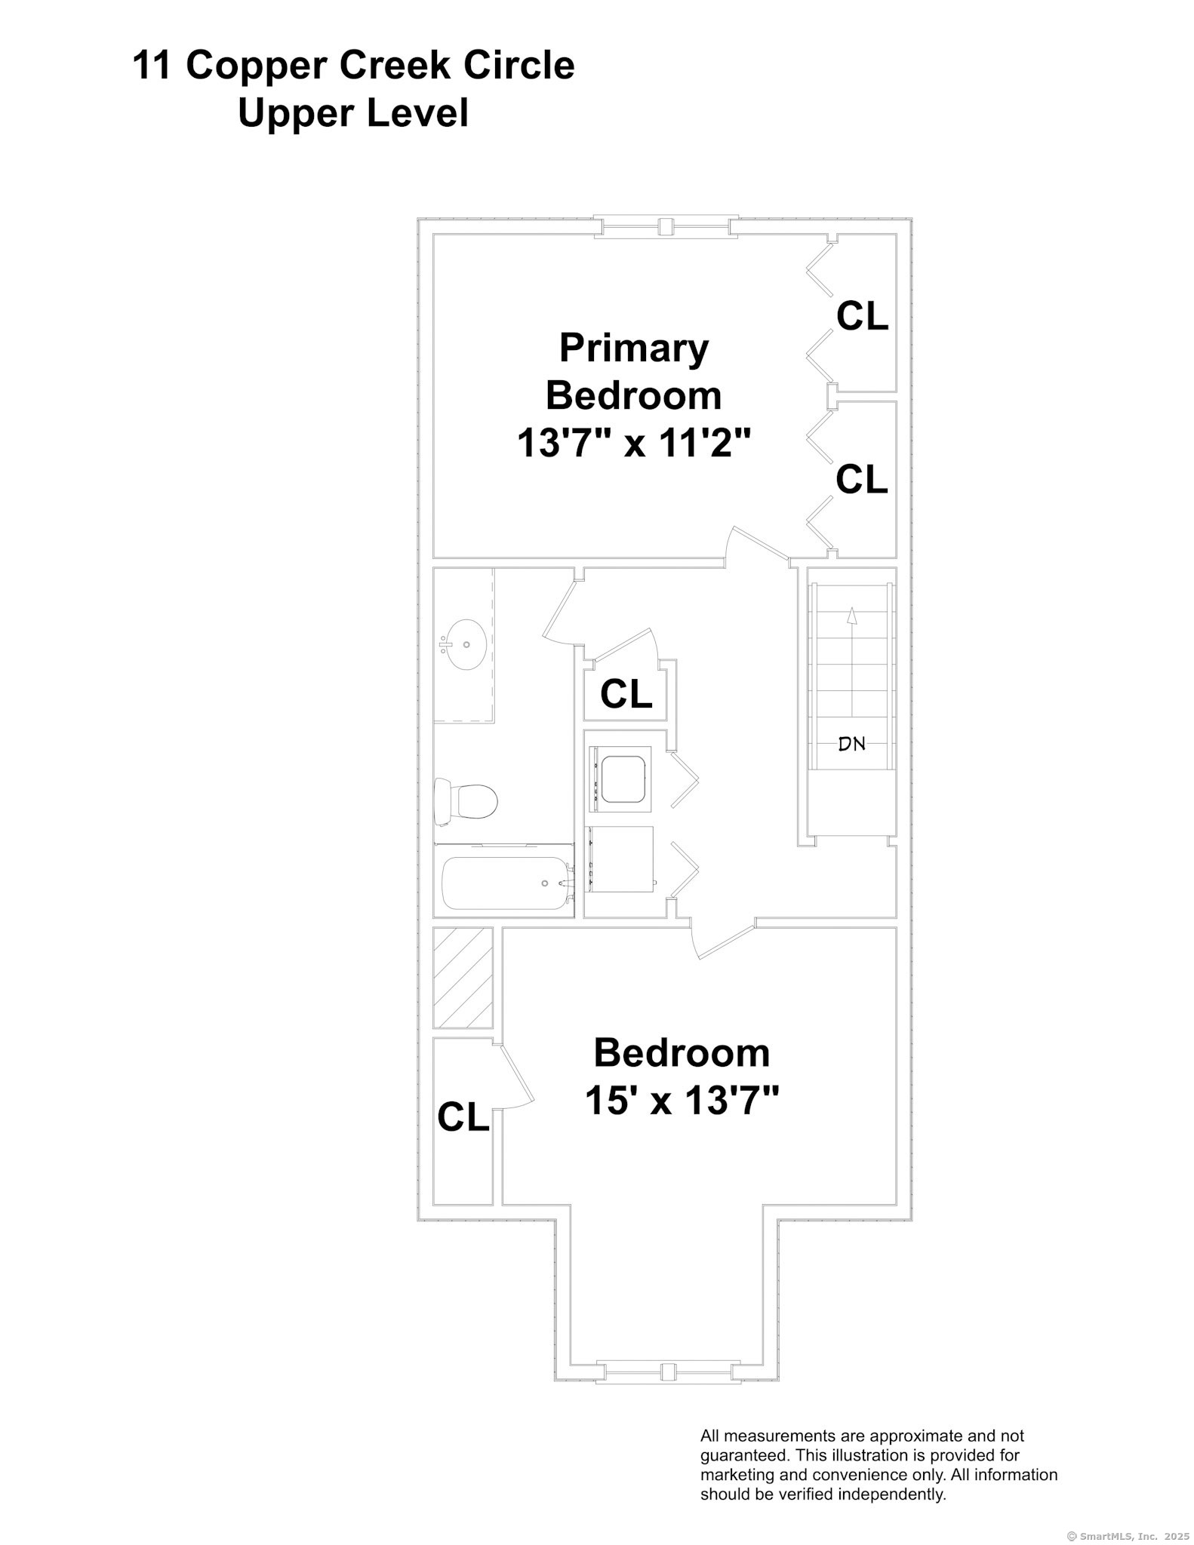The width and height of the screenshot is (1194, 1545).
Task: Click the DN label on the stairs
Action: click(x=851, y=744)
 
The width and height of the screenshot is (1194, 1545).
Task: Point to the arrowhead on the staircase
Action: click(x=851, y=616)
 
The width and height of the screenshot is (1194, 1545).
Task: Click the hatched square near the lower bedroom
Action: click(x=463, y=977)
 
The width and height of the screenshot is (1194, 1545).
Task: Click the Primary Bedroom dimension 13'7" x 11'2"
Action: click(x=634, y=443)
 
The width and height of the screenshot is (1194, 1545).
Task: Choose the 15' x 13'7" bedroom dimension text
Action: click(x=682, y=1101)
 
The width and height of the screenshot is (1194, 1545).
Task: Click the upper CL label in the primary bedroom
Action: click(x=862, y=316)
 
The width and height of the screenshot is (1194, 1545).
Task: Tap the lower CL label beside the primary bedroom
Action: click(x=862, y=479)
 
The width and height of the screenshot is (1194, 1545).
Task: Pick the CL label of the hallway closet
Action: click(x=626, y=693)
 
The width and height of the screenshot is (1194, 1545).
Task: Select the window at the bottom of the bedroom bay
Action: click(x=667, y=1371)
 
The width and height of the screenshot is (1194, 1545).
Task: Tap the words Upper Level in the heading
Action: click(x=353, y=113)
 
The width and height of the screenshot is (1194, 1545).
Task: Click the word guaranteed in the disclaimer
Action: click(x=743, y=1454)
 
